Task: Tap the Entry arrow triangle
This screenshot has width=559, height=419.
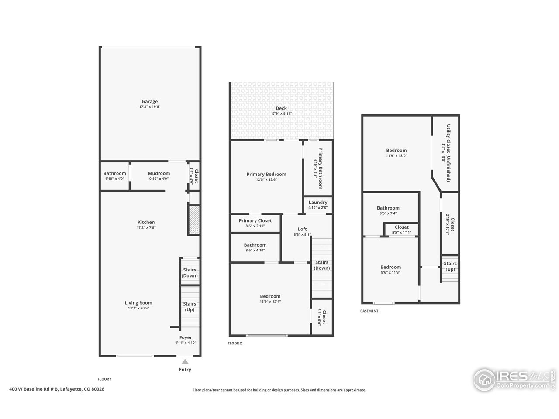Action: pos(185,361)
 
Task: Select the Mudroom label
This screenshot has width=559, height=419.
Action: pos(159,173)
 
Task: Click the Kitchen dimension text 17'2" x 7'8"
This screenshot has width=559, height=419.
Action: pos(146,227)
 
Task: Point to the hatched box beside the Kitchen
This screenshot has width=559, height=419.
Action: pos(194,220)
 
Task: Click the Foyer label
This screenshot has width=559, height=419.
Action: pos(186,337)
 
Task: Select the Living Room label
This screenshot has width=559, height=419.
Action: pos(138,303)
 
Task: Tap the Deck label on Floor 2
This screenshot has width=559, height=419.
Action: pos(281,108)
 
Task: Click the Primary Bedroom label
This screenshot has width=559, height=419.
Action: pos(266,174)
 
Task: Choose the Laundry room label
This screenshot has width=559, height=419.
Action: pos(318,202)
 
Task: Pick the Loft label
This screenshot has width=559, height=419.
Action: pos(302,229)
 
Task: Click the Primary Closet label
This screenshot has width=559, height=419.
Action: pos(255,221)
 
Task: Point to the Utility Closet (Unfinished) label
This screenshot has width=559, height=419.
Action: pos(448,153)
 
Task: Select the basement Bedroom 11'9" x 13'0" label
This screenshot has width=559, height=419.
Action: pos(396,151)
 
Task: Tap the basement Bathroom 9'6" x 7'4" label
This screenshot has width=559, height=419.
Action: pos(388,208)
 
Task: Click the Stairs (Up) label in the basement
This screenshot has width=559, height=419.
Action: pos(450,266)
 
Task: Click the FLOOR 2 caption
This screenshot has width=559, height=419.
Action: pos(235,343)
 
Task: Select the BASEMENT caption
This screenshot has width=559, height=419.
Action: pos(369,311)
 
